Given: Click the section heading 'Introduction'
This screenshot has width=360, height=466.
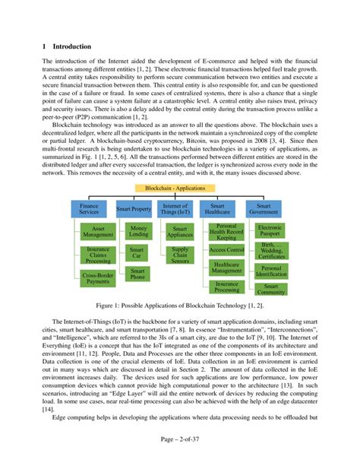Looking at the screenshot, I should pyautogui.click(x=67, y=46).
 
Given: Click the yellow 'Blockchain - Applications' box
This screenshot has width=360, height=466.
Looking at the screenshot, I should pyautogui.click(x=179, y=187).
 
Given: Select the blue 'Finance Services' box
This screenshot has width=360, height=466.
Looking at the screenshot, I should pyautogui.click(x=89, y=209).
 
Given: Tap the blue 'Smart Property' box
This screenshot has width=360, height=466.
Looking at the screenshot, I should pyautogui.click(x=134, y=209).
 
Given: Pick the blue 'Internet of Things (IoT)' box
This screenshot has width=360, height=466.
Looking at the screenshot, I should pyautogui.click(x=176, y=209).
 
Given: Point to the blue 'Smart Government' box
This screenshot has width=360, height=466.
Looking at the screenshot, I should pyautogui.click(x=265, y=209).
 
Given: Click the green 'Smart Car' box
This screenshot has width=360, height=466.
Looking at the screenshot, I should pyautogui.click(x=137, y=252).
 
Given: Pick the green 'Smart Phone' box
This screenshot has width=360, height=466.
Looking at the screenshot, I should pyautogui.click(x=137, y=274).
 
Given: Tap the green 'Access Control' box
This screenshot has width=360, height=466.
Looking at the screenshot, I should pyautogui.click(x=226, y=249).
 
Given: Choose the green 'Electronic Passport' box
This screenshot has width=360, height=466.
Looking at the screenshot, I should pyautogui.click(x=270, y=231).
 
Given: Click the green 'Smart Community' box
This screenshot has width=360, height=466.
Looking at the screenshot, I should pyautogui.click(x=270, y=290).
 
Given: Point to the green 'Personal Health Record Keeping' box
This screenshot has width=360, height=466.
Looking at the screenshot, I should pyautogui.click(x=226, y=232).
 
